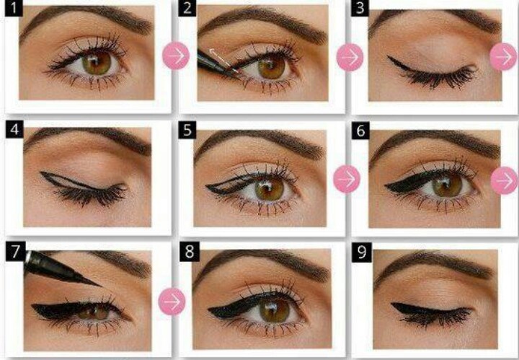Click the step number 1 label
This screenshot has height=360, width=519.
coord(14,8)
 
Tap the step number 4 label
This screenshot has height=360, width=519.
coord(14,129)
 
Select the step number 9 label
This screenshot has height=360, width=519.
coord(361,252)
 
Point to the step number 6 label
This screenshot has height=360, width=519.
coord(360,131)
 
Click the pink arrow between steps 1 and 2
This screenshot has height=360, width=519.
coord(176,56)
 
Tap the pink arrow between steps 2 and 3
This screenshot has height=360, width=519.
coord(350,57)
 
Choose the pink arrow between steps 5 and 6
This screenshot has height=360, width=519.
coord(347,179)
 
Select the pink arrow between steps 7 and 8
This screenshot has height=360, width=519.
coord(172,302)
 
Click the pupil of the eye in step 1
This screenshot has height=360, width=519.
coord(97,63)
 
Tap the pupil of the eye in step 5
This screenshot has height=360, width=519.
coord(269,190)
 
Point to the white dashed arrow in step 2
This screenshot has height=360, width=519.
coord(223,60)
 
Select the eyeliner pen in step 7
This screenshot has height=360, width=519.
coord(61,269)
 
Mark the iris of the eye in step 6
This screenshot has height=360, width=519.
coord(447,185)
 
